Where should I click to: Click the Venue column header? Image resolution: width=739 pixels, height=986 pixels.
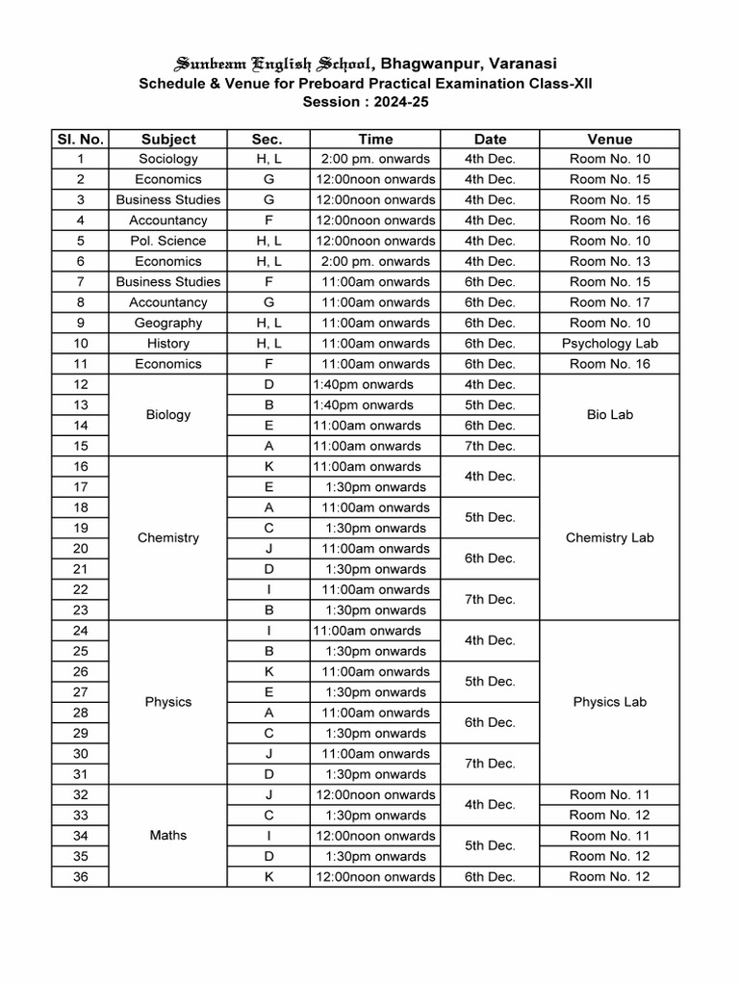click(x=609, y=139)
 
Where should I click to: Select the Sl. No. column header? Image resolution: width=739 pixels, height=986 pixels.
click(x=81, y=139)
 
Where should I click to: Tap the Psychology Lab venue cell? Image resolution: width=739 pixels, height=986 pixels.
click(x=609, y=344)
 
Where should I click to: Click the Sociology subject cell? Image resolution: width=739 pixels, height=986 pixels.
click(x=168, y=159)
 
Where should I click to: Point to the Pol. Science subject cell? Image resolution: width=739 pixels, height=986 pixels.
click(x=168, y=241)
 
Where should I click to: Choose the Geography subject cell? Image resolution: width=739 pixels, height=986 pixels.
click(x=168, y=323)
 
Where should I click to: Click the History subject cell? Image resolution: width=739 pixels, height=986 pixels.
click(x=168, y=344)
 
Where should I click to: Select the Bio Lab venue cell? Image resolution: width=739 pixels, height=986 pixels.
click(x=609, y=415)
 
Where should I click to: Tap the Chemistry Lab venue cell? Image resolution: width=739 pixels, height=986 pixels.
click(x=609, y=537)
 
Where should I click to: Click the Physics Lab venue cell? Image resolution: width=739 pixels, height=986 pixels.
click(x=609, y=702)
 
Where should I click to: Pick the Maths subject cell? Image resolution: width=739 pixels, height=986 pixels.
click(x=168, y=835)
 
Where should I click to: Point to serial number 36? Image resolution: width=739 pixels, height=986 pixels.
click(x=81, y=876)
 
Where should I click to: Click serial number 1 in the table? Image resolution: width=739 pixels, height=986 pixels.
click(x=81, y=159)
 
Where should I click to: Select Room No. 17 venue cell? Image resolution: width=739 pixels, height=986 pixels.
click(x=609, y=302)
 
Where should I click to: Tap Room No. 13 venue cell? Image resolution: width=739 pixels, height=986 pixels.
click(x=609, y=261)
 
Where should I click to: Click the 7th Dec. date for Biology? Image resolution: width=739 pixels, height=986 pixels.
click(x=490, y=446)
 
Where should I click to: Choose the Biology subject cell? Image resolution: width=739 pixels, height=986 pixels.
click(x=168, y=415)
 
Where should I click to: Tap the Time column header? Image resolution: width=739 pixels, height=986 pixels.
click(x=375, y=139)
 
